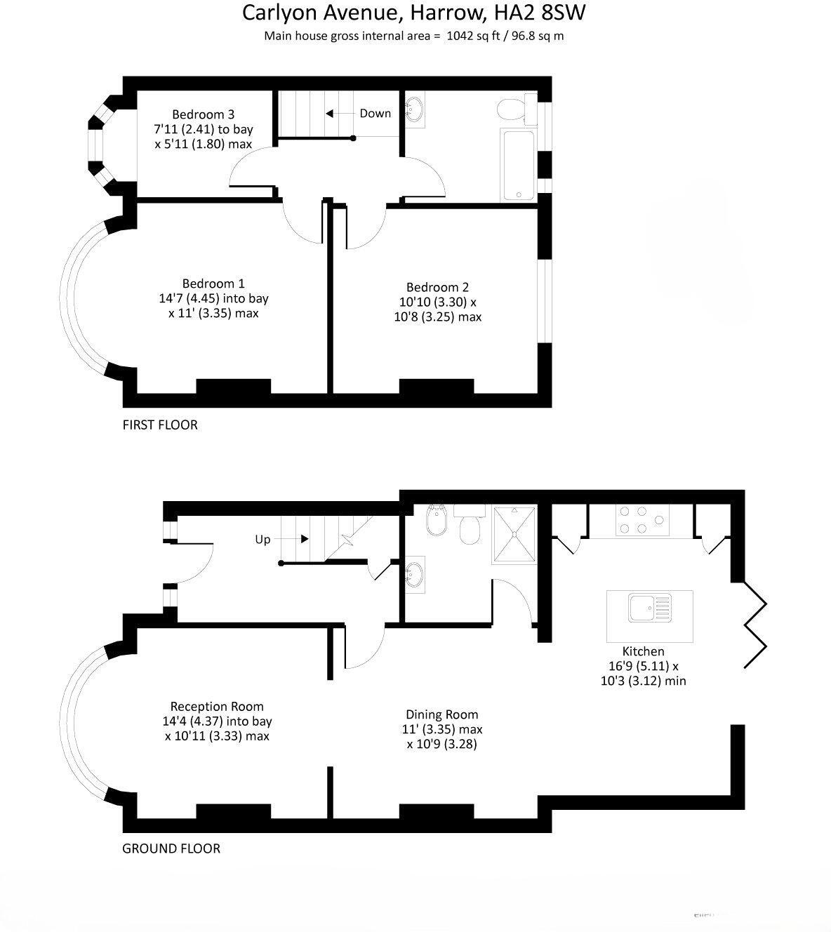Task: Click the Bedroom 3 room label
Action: coord(204,114)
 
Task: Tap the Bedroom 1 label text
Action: coord(213,284)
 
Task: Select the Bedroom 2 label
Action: coord(437,287)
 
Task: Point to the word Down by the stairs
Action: coord(375,113)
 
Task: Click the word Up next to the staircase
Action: coord(262,540)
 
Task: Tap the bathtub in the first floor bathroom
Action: coord(518,165)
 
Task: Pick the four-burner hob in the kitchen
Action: coord(641,520)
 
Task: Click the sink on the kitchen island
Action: coord(649,607)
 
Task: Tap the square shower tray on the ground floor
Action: coord(516,534)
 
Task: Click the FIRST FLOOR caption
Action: coord(160,425)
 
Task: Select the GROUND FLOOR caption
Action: coord(171,848)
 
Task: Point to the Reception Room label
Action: coord(217,707)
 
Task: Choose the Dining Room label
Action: coord(441,714)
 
